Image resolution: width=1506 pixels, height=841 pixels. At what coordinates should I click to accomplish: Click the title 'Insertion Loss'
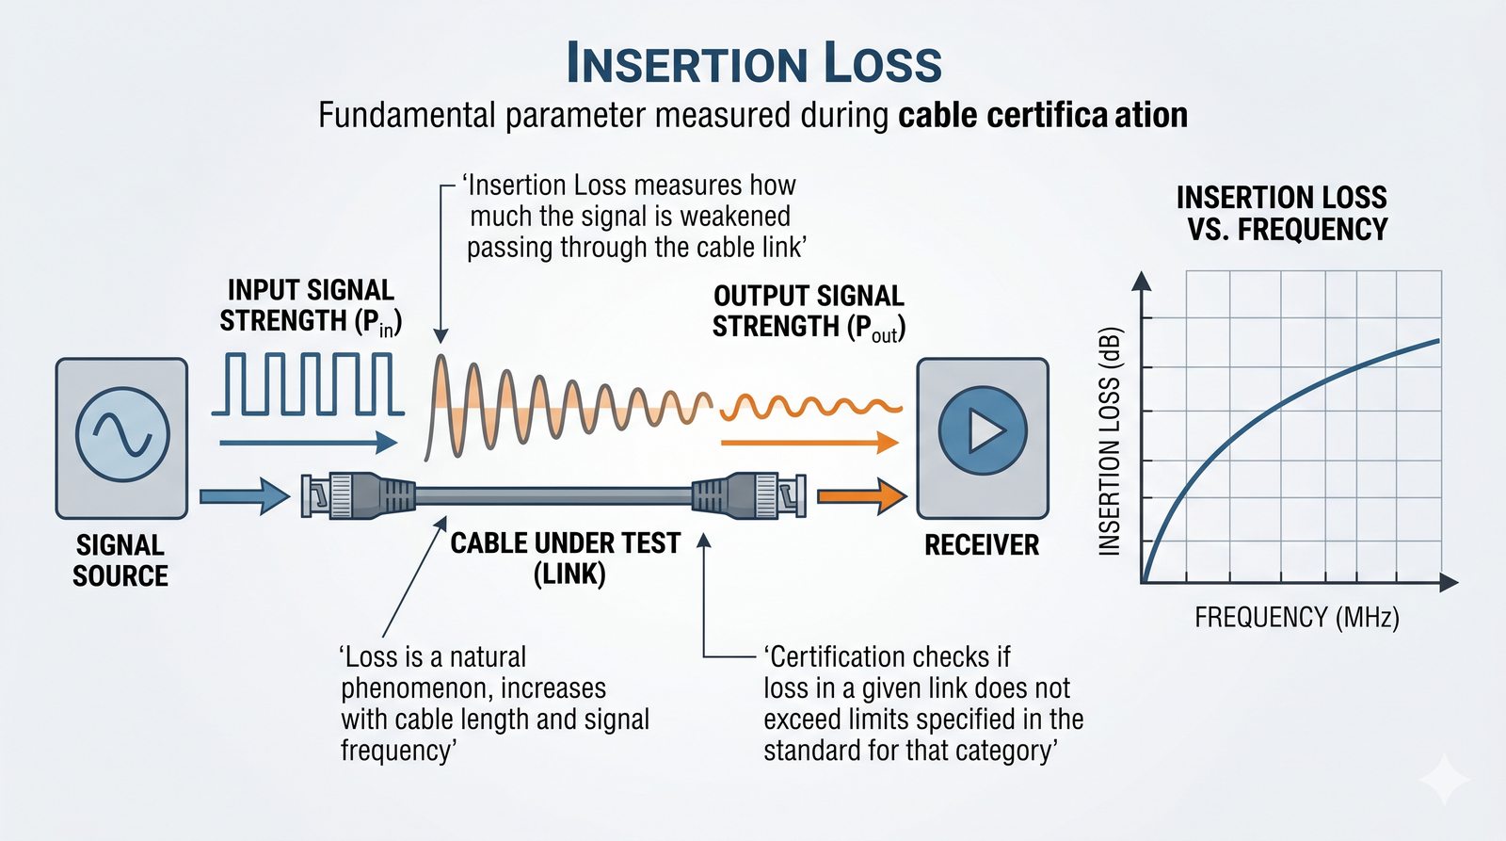coord(754,62)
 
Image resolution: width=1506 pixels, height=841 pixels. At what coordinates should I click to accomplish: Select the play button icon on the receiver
coord(983,430)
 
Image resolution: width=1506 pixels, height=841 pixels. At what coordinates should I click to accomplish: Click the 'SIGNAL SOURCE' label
coord(120,560)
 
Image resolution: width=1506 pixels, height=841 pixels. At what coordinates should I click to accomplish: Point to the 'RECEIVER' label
coord(982,545)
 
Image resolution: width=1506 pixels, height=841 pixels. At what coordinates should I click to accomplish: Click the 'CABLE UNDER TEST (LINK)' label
coord(566,558)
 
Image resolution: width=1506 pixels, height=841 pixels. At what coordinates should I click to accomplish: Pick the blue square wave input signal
coord(308,383)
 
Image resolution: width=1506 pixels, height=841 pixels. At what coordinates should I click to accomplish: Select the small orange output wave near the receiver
coord(810,407)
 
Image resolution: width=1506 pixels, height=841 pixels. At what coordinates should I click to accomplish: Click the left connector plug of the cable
coord(358,496)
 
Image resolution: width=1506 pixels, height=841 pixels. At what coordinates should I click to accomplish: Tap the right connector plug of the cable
coord(749,496)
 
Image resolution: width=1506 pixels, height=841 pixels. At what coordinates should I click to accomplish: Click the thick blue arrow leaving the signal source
coord(245,496)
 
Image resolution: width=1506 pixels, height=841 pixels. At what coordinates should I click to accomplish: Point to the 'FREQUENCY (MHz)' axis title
coord(1297,617)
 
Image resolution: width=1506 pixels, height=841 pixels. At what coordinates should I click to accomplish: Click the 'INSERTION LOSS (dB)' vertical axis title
coord(1110,442)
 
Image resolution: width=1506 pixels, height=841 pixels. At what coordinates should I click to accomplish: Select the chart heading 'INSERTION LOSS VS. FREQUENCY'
coord(1282,213)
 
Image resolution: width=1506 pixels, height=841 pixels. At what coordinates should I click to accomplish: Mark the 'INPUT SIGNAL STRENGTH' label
coord(311,306)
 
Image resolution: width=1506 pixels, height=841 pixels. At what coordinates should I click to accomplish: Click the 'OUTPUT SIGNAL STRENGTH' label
coord(809,312)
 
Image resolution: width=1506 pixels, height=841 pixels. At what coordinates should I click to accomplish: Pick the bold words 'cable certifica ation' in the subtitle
coord(1043,115)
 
